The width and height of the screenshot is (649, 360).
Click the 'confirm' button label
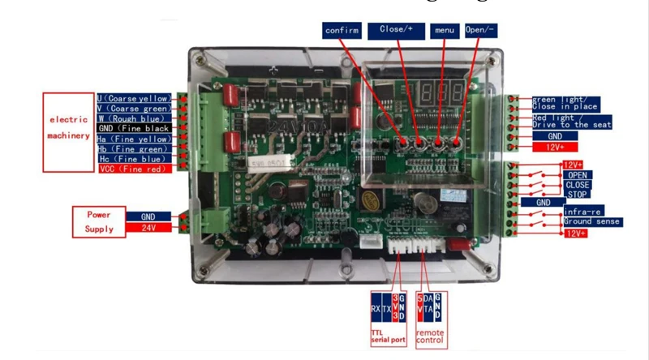[x=342, y=30]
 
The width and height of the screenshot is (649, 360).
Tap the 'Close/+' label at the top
[x=395, y=30]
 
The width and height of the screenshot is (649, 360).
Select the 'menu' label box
[x=444, y=30]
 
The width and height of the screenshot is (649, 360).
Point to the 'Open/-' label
[x=480, y=30]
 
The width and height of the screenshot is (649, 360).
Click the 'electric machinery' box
[x=67, y=129]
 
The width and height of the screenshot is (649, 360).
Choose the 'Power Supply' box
[x=99, y=223]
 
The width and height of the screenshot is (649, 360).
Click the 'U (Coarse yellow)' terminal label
[x=135, y=98]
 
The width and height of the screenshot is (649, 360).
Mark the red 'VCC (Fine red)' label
[x=134, y=169]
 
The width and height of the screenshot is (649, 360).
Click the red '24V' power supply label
[x=148, y=229]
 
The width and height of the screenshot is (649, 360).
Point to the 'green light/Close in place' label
[x=565, y=103]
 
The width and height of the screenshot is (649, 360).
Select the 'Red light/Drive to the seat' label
[x=571, y=122]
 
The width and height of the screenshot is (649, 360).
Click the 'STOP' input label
[x=578, y=194]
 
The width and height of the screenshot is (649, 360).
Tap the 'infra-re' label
[x=582, y=212]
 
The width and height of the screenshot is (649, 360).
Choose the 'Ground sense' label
[x=591, y=221]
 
